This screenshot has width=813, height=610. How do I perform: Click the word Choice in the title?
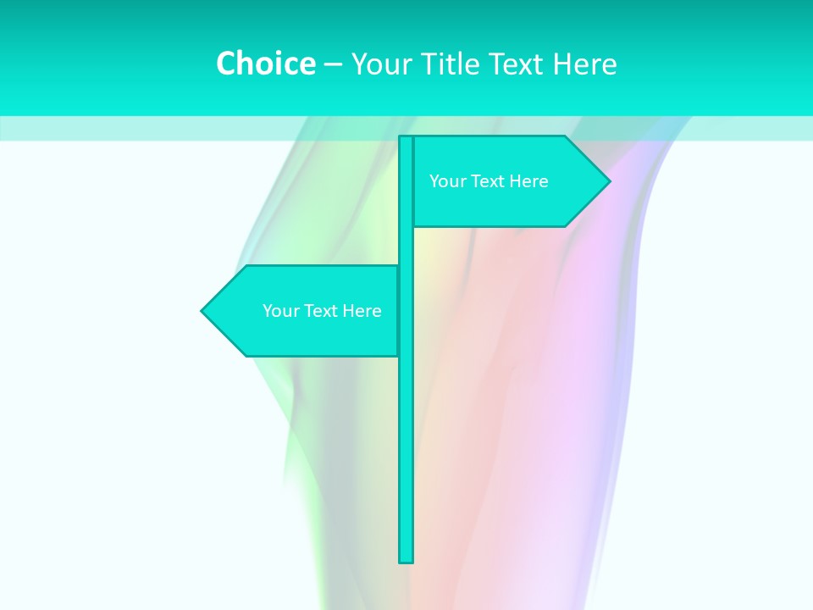tap(265, 64)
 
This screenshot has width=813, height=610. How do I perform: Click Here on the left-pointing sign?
tap(362, 311)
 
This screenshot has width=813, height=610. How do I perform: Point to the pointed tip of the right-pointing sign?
tap(608, 180)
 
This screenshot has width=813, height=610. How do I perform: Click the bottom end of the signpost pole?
tap(406, 559)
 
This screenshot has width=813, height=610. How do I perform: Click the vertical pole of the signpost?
tap(406, 441)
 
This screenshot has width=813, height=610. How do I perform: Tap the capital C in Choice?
tap(226, 64)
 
